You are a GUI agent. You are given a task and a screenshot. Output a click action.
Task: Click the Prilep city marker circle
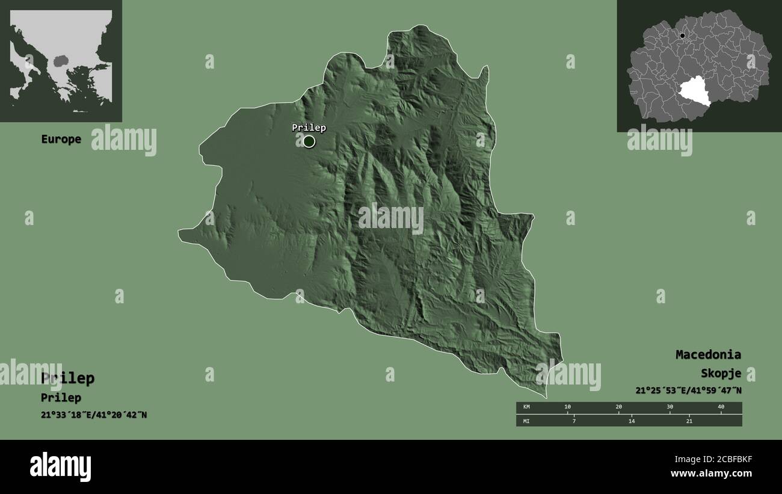[x=309, y=141]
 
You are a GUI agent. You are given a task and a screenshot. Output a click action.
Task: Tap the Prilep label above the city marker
[x=309, y=128]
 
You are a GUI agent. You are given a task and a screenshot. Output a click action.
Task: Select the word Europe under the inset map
[x=61, y=139]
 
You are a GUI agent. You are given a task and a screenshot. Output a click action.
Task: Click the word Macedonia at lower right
[x=708, y=354]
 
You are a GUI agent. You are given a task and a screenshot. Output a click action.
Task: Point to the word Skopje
[x=720, y=373]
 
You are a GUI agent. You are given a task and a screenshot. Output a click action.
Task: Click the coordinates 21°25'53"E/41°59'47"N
[x=688, y=391]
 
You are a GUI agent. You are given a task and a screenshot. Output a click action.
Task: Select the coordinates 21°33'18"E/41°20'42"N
[x=94, y=415]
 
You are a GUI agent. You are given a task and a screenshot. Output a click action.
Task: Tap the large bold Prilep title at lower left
[x=68, y=378]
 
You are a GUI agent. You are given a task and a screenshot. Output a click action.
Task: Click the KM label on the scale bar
[x=526, y=407]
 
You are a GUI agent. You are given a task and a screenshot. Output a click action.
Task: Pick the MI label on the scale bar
[x=526, y=421]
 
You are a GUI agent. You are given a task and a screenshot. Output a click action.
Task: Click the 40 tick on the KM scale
[x=721, y=407]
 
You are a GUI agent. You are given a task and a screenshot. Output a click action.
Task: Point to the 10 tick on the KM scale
[x=567, y=407]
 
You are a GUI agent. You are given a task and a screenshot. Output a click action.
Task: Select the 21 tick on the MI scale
[x=689, y=421]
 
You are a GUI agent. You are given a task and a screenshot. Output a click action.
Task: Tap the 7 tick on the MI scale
[x=574, y=421]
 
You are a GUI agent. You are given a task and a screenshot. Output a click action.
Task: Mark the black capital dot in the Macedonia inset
[x=682, y=36]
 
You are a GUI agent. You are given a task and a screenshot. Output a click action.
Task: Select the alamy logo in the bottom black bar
[x=61, y=466]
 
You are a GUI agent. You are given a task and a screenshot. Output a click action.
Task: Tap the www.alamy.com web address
[x=712, y=474]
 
